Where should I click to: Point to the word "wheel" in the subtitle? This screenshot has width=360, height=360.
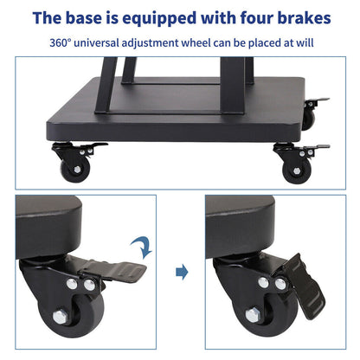195,42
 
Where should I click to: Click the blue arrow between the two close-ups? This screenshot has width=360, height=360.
181,272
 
